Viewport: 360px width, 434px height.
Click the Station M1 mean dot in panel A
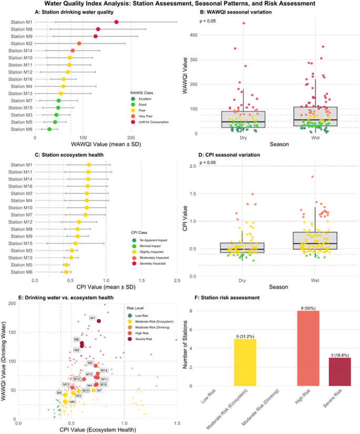pos(116,22)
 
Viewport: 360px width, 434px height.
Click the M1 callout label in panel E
pos(92,318)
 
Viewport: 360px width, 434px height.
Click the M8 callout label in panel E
pos(76,340)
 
